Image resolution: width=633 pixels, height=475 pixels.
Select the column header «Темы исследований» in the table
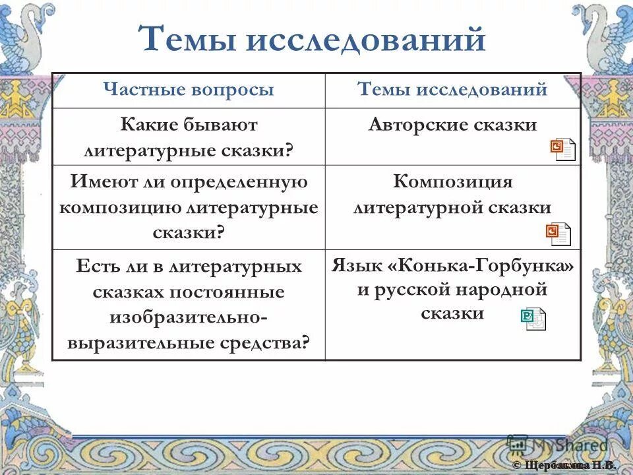[452, 90]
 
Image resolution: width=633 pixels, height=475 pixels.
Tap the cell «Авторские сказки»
[452, 125]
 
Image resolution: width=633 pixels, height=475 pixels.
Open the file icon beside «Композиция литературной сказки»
[558, 234]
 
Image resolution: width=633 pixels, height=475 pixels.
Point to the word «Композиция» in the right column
[452, 182]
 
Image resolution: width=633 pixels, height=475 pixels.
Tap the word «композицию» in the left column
[120, 207]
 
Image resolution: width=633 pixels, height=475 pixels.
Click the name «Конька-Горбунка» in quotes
[472, 266]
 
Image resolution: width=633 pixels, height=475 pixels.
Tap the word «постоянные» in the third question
[227, 292]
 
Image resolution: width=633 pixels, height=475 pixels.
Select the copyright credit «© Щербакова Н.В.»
[564, 466]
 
